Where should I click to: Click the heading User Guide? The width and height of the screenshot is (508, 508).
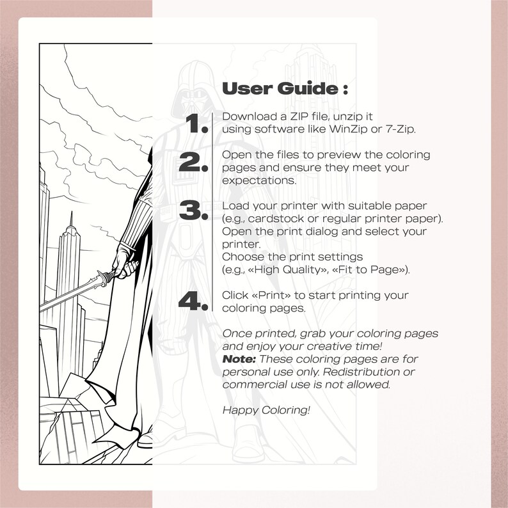pyautogui.click(x=285, y=88)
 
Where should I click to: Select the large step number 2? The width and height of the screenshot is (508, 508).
pyautogui.click(x=194, y=163)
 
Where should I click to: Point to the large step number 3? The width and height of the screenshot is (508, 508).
pyautogui.click(x=194, y=211)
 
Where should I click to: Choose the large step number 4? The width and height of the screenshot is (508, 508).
pyautogui.click(x=194, y=301)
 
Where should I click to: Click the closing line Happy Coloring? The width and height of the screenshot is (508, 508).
pyautogui.click(x=266, y=409)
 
